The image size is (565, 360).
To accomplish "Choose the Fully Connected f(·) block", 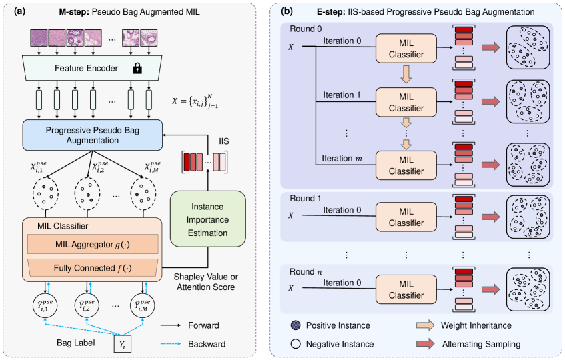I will click(x=91, y=269).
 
